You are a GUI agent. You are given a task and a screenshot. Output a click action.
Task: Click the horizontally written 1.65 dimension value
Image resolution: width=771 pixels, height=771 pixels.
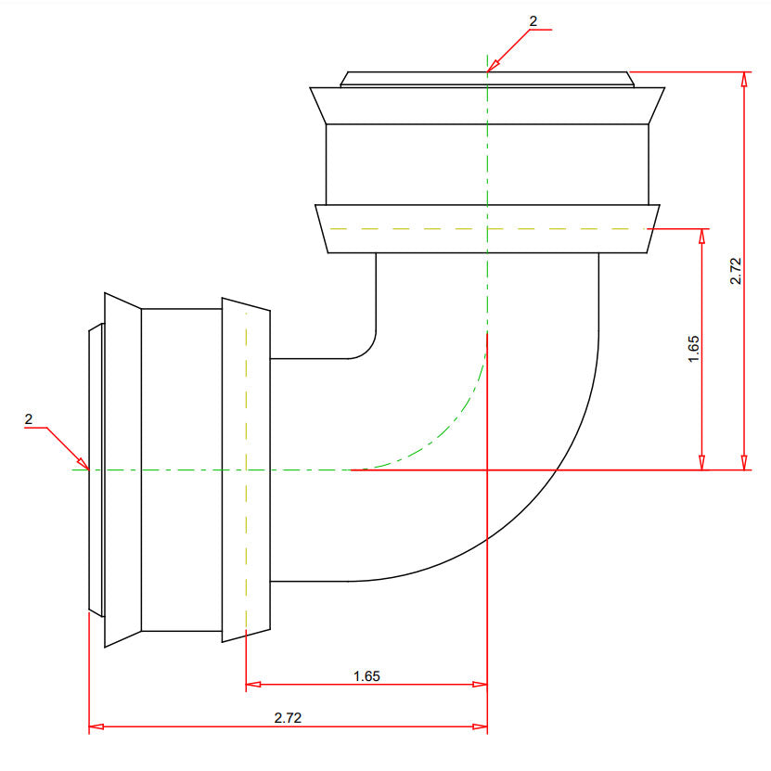point(366,676)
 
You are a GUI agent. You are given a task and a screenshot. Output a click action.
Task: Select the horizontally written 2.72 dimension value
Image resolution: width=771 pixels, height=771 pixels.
point(288,718)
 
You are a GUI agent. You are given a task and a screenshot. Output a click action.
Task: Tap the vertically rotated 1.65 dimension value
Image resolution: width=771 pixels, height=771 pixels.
point(694,348)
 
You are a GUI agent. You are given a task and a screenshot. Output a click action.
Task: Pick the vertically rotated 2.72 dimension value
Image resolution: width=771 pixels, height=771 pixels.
point(735,270)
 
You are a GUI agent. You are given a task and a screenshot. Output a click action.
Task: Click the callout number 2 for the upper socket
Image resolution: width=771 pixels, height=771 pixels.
point(533,20)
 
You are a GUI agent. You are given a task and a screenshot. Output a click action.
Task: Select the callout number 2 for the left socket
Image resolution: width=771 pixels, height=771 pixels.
point(29,419)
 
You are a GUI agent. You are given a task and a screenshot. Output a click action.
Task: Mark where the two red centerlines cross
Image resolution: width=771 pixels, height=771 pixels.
point(487,470)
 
